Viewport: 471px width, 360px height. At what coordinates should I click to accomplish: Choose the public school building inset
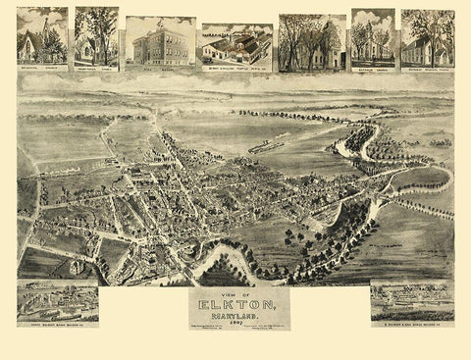click(x=160, y=40)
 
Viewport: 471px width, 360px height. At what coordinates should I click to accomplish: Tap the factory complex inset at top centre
click(x=236, y=45)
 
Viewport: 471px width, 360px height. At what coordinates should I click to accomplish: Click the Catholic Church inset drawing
click(x=373, y=37)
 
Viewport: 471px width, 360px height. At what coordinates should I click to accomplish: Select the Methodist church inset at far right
click(x=427, y=37)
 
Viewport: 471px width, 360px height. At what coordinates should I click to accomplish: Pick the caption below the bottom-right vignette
click(x=411, y=322)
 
